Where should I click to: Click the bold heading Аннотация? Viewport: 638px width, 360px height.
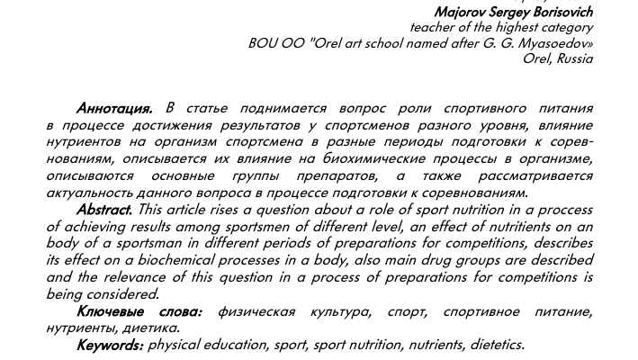coord(114,108)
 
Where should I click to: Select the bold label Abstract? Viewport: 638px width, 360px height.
coord(104,209)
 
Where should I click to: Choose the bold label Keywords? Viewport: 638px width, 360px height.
coord(110,345)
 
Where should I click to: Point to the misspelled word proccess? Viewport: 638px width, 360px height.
coord(562,209)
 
